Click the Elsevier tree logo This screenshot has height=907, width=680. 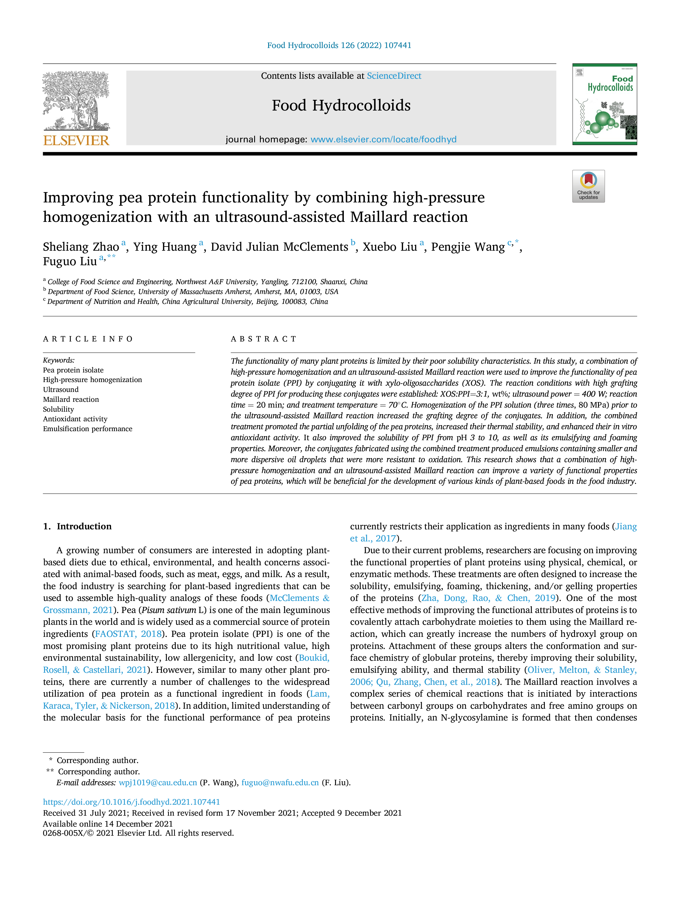click(76, 101)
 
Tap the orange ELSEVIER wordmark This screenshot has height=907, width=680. click(76, 141)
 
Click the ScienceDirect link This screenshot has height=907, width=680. click(394, 76)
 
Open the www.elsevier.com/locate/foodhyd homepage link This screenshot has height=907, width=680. click(383, 139)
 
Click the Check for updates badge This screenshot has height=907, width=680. click(588, 186)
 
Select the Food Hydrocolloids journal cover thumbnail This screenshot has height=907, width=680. click(605, 104)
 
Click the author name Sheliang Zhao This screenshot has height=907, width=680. click(81, 247)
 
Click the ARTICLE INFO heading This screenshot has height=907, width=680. click(88, 339)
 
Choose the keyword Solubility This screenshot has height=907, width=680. click(59, 409)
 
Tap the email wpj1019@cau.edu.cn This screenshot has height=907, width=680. click(158, 783)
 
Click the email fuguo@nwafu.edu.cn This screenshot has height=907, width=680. click(280, 783)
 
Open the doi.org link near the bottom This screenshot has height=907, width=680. click(132, 802)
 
